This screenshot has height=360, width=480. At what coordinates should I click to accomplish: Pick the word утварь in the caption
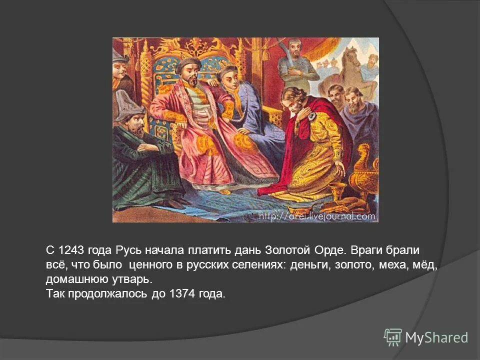click(128, 279)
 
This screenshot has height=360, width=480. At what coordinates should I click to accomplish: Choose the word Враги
click(364, 250)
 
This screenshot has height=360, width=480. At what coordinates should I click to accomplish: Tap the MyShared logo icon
click(393, 337)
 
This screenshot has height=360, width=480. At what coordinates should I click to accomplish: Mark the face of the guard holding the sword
click(294, 49)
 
